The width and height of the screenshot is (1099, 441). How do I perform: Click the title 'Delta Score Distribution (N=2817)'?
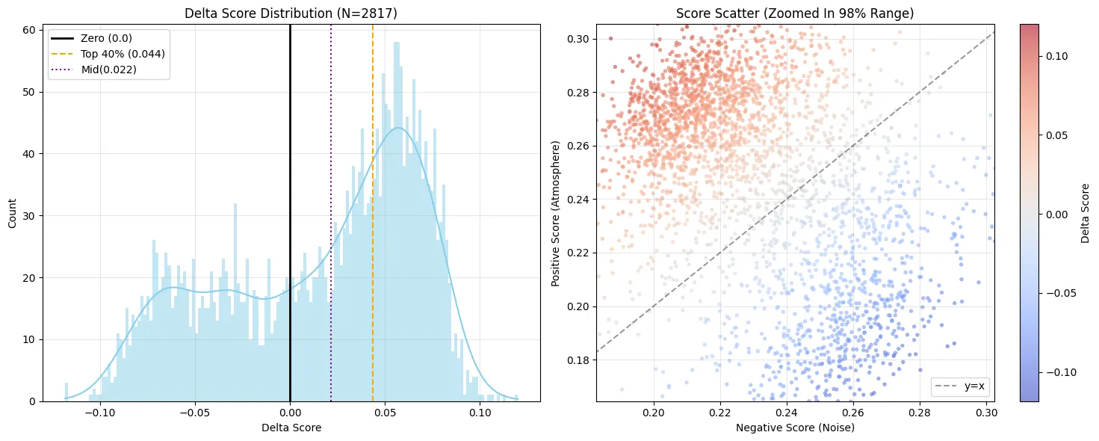coord(291,13)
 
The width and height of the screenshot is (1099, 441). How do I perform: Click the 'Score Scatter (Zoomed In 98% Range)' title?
coord(795,13)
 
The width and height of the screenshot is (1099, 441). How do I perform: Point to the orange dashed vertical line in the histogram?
coord(372,212)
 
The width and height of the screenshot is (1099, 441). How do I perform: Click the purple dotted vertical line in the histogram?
coord(331,212)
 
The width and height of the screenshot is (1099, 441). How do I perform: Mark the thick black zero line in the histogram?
coord(290,212)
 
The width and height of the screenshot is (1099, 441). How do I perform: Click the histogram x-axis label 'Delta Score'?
coord(291,428)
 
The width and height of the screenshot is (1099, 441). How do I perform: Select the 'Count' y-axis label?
coord(12,213)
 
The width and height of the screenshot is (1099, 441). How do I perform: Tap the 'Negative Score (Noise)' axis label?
coord(796,428)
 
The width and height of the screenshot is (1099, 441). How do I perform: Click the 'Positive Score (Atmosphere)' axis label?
coord(555,213)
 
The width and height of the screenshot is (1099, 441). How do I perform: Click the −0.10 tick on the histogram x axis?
coord(101,413)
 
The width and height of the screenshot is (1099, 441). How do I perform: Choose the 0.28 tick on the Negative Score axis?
coord(920,413)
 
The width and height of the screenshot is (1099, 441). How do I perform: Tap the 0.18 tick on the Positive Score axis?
coord(578,360)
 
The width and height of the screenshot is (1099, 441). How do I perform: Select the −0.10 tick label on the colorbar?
coord(1057,373)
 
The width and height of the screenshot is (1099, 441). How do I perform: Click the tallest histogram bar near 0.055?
coord(397,221)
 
